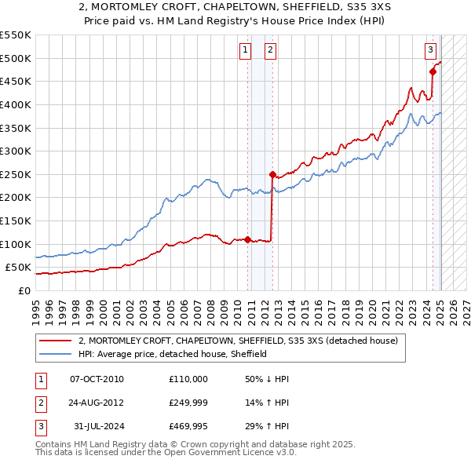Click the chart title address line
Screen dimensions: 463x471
(235, 9)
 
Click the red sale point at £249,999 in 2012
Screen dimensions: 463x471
(272, 174)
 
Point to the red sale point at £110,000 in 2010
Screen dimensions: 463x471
(247, 239)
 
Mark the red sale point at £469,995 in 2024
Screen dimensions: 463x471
(433, 71)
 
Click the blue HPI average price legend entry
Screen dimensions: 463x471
(173, 354)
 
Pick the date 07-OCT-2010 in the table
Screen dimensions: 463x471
(97, 379)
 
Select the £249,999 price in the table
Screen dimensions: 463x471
(188, 404)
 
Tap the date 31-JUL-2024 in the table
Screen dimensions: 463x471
(97, 427)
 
